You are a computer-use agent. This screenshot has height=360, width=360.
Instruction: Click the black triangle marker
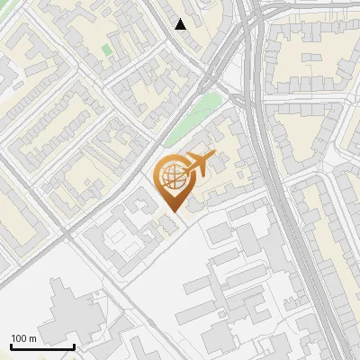coord(181,24)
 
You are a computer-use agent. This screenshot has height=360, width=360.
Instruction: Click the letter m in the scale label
coord(32,338)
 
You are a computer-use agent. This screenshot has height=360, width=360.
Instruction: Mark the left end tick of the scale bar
coord(11,346)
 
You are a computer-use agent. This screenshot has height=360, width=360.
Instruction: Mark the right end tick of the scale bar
coord(74,346)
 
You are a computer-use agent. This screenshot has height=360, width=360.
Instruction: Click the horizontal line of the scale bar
coord(42,347)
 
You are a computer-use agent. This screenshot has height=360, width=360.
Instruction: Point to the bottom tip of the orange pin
coord(172,210)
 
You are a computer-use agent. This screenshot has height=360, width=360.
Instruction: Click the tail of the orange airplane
coord(187,167)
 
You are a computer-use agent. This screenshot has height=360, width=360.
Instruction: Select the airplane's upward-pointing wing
coord(198,155)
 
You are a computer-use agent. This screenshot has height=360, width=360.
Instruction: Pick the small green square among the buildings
coord(107,49)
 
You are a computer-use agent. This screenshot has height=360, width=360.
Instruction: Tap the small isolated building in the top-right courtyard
coord(311,58)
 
